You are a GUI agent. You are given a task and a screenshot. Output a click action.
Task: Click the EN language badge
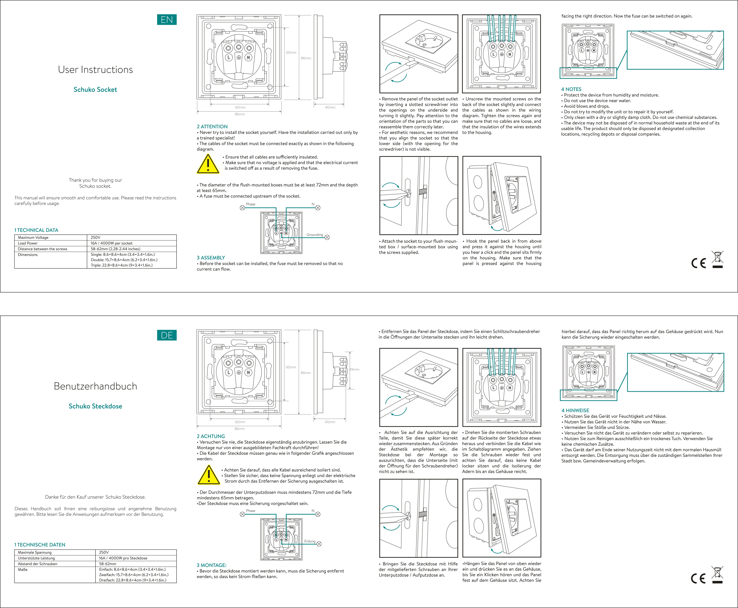point(167,20)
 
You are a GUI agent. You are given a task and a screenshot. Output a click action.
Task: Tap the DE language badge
point(167,335)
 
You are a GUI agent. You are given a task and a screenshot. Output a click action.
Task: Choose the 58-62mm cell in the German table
point(107,564)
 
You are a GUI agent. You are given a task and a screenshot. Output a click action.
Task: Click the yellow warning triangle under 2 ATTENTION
point(208,164)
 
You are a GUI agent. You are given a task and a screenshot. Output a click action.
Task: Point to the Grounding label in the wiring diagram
point(315,235)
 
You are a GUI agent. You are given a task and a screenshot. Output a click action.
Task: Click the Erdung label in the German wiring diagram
point(310,541)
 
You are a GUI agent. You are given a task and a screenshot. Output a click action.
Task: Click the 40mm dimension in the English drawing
point(330,107)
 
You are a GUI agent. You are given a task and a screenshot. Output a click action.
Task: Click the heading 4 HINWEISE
point(575,411)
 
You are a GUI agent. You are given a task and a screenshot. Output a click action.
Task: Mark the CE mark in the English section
point(698,263)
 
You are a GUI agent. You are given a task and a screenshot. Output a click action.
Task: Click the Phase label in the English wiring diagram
point(251,204)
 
